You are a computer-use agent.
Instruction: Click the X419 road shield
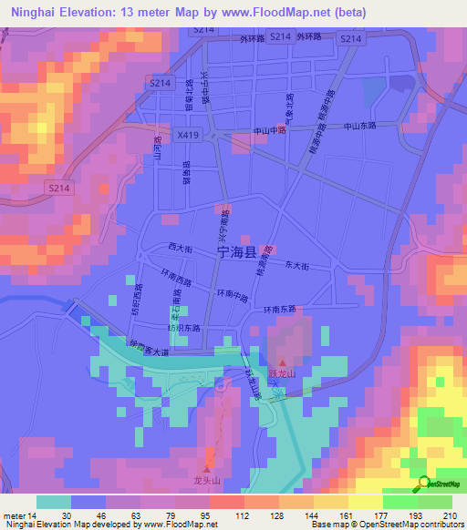coord(189,135)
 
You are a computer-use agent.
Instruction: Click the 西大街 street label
coord(180,248)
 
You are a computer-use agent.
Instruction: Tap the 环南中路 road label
coord(233,294)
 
